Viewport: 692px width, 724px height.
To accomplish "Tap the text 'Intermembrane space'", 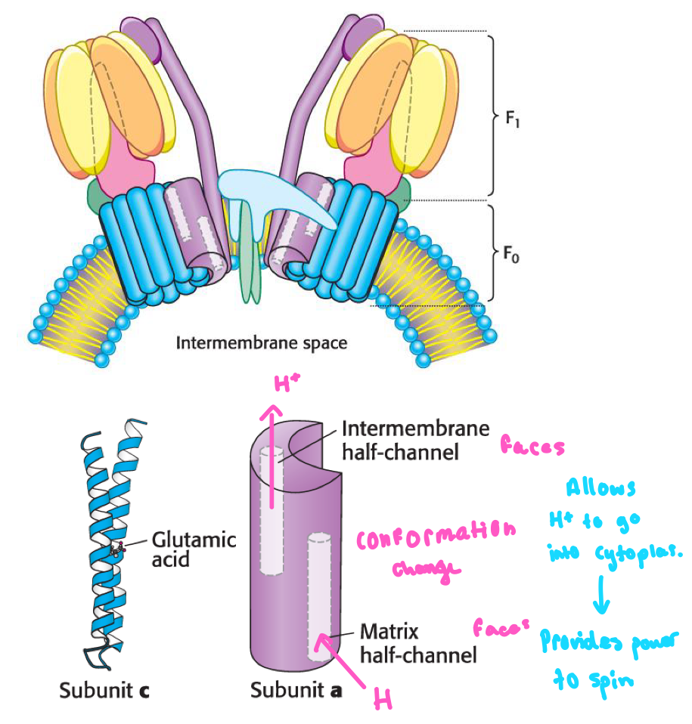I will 261,343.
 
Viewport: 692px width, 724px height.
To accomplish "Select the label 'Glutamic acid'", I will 194,550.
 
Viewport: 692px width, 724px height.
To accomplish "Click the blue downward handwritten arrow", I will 604,600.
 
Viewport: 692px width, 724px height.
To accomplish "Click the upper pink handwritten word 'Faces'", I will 532,447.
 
